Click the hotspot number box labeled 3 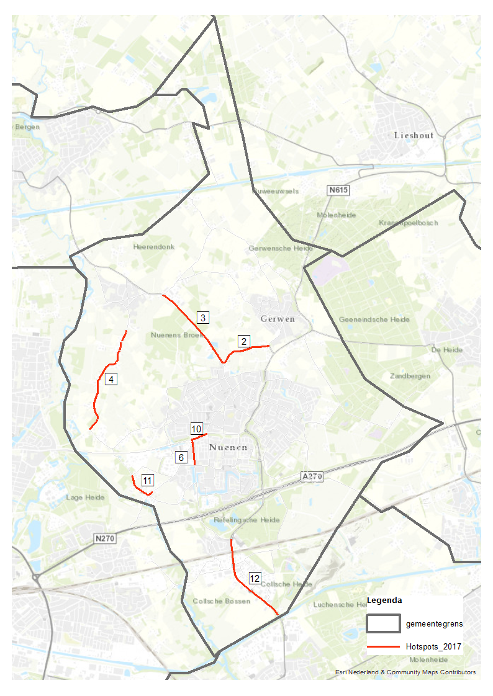click(x=203, y=318)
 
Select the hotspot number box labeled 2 click(x=243, y=341)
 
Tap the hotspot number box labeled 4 click(x=111, y=379)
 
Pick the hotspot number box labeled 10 click(x=196, y=429)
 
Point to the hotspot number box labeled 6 click(x=181, y=457)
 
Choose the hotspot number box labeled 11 click(x=148, y=480)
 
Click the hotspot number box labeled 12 click(x=255, y=579)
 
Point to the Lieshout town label click(x=414, y=135)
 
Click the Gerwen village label click(x=277, y=319)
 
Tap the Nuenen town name click(x=228, y=447)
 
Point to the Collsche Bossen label click(x=221, y=601)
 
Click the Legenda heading click(x=384, y=600)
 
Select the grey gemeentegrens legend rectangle click(x=382, y=622)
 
